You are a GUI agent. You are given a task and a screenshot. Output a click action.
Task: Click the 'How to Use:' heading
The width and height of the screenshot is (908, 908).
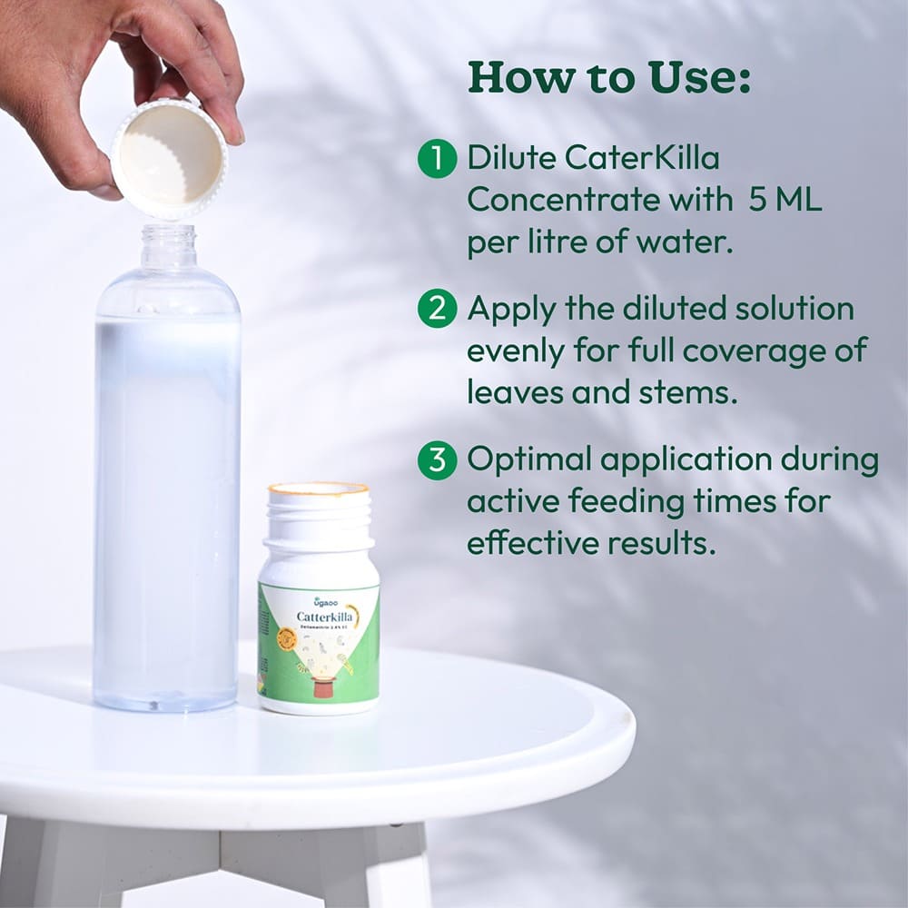click(x=608, y=78)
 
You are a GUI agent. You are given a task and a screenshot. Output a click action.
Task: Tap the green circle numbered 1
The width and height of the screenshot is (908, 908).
click(x=436, y=159)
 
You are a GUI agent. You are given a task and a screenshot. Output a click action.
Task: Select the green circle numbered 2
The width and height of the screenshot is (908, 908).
click(x=436, y=310)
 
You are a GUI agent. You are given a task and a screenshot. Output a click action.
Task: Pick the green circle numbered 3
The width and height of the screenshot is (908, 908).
click(x=436, y=460)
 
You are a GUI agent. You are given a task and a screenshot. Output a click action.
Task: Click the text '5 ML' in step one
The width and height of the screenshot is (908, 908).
click(x=785, y=201)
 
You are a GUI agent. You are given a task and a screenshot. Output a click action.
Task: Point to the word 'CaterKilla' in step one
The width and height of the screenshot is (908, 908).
click(x=641, y=159)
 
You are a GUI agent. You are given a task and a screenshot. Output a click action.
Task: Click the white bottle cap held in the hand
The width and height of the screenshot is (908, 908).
click(x=169, y=158)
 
